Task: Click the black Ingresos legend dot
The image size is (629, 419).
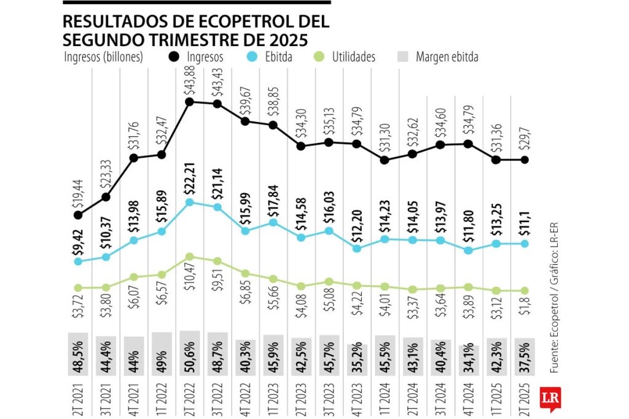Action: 173,57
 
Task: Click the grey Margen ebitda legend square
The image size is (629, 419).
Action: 402,57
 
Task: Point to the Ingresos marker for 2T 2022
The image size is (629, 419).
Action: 190,102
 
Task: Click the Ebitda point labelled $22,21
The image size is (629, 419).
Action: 190,202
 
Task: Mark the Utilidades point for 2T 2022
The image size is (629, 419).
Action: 190,256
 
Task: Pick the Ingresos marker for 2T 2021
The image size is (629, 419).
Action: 78,215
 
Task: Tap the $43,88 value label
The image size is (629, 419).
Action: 189,81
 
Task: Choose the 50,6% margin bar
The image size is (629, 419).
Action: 190,354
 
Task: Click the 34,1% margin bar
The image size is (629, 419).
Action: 469,361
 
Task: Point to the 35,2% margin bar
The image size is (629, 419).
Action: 356,360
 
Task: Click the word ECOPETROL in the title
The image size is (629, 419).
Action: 238,22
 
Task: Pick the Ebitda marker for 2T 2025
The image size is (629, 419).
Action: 525,244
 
